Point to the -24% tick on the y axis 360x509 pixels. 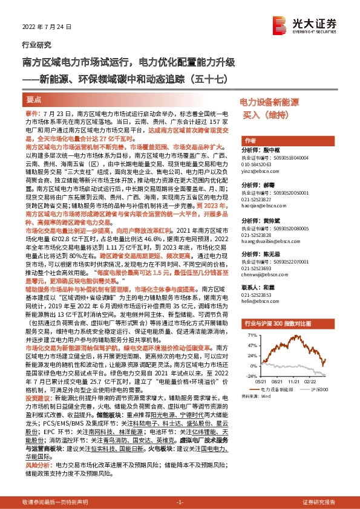pyautogui.click(x=249, y=375)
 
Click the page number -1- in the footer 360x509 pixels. pyautogui.click(x=180, y=502)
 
